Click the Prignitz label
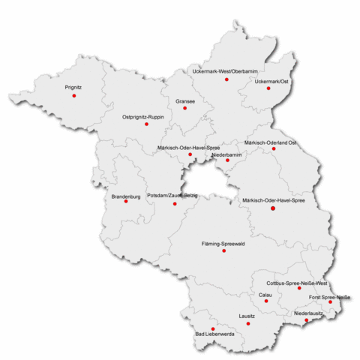[73, 87]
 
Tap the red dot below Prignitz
[73, 96]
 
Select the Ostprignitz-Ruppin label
[144, 117]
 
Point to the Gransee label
[185, 100]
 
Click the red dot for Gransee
[185, 109]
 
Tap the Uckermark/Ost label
[271, 80]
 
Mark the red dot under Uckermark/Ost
[267, 89]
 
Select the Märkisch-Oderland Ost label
[271, 142]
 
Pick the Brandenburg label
[125, 196]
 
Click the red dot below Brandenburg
[126, 202]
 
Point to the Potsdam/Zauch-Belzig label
[173, 196]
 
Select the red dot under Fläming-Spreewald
[223, 250]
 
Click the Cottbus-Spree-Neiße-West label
[298, 283]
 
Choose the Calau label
[265, 295]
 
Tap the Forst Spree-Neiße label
[330, 297]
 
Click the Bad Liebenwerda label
[215, 334]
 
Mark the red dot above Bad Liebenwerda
[212, 328]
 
